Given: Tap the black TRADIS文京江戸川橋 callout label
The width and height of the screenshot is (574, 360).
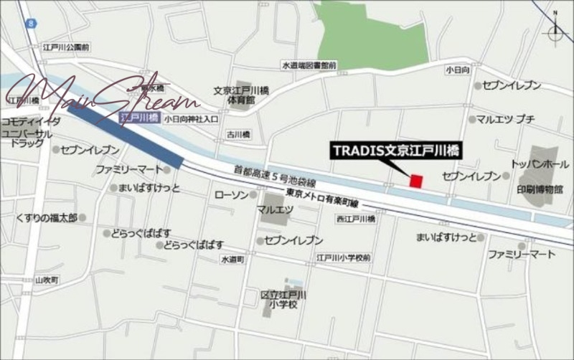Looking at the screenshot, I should (395, 151).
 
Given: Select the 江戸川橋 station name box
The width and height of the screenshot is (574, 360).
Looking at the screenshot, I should (134, 116).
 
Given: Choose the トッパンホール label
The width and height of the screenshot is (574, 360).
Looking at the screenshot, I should (535, 164).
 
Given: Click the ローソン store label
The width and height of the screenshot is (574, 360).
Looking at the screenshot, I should (232, 194).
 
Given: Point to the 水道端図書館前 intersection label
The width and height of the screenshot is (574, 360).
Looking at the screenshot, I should (309, 65).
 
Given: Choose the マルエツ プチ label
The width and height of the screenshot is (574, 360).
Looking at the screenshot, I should (505, 119).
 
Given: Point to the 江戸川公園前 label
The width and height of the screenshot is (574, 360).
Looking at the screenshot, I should (65, 47).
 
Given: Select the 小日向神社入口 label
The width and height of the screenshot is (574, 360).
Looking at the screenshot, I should (191, 120).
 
